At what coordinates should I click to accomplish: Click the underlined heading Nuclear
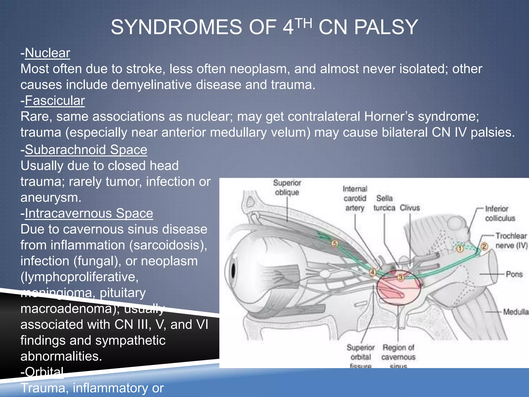pyautogui.click(x=48, y=53)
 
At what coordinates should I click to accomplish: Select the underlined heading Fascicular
pyautogui.click(x=55, y=101)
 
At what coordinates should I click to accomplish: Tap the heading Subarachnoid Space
pyautogui.click(x=86, y=150)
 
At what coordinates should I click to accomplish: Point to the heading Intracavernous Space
pyautogui.click(x=89, y=213)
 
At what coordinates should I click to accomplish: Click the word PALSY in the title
pyautogui.click(x=386, y=27)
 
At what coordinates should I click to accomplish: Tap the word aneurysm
pyautogui.click(x=51, y=197)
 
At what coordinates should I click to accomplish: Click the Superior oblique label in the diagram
pyautogui.click(x=287, y=188)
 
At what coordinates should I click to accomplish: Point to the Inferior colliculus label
pyautogui.click(x=500, y=213)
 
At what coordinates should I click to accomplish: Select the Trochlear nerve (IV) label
pyautogui.click(x=511, y=241)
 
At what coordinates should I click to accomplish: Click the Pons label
pyautogui.click(x=514, y=274)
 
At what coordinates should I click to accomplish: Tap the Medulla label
pyautogui.click(x=516, y=312)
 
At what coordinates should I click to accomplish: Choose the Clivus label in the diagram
pyautogui.click(x=410, y=208)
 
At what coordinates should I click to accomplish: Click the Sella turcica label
pyautogui.click(x=384, y=203)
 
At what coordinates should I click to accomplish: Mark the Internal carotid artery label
pyautogui.click(x=355, y=198)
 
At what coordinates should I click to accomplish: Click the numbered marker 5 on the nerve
pyautogui.click(x=335, y=243)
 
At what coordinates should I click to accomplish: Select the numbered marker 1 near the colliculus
pyautogui.click(x=460, y=249)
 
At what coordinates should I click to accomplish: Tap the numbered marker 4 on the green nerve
pyautogui.click(x=372, y=272)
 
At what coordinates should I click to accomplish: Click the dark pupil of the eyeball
pyautogui.click(x=233, y=271)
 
